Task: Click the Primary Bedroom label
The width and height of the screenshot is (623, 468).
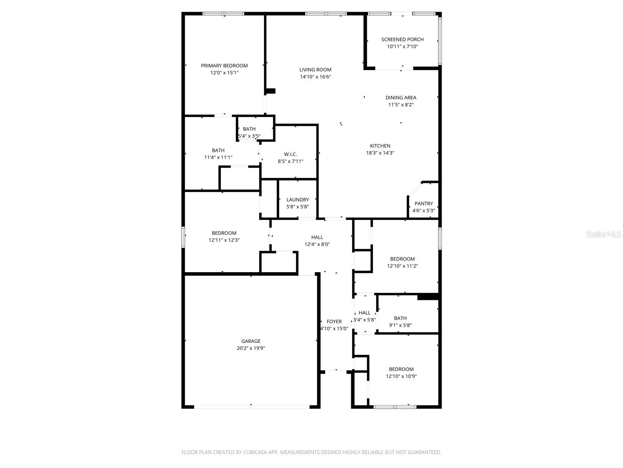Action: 224,66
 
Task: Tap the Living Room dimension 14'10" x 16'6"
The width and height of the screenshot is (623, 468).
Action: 315,77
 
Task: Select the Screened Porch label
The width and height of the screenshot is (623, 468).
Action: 402,39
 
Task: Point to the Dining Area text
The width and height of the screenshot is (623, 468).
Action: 401,97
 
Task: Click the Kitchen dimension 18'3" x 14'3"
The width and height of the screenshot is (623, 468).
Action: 380,153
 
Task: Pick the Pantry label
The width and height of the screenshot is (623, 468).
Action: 424,204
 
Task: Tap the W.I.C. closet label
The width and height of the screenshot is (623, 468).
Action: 290,154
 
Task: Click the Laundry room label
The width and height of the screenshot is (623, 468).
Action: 297,200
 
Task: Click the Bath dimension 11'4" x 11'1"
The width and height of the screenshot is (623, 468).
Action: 218,158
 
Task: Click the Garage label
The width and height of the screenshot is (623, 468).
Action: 251,341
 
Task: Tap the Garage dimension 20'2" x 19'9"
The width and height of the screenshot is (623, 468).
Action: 251,348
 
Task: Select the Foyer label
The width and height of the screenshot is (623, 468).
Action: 334,321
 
